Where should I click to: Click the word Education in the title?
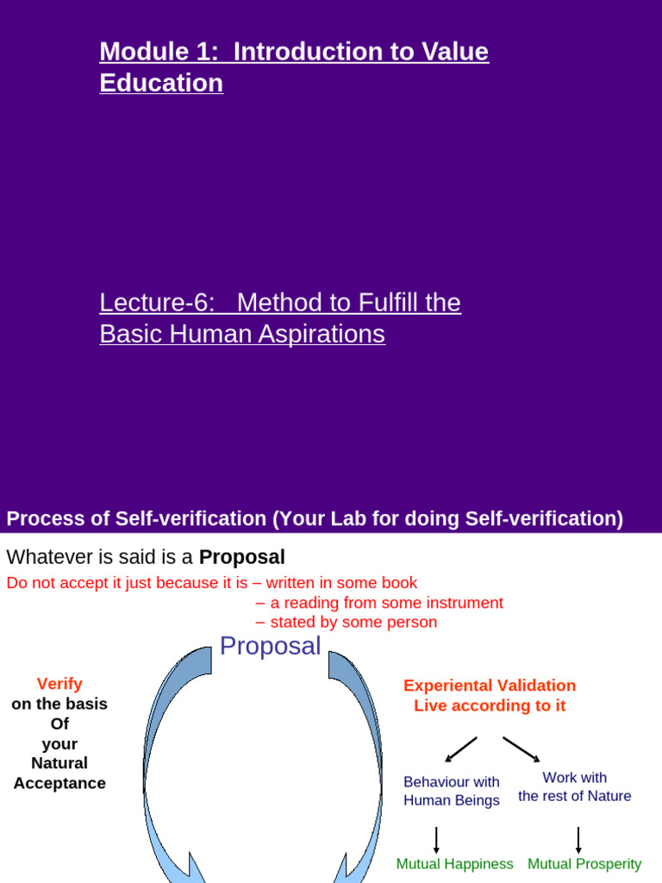pos(161,84)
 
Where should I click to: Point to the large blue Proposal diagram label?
pos(270,646)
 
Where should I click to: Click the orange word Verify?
pos(59,684)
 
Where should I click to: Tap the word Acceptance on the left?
pos(59,783)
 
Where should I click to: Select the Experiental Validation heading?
pos(490,686)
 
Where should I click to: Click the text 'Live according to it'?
pos(490,705)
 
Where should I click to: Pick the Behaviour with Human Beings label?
pos(452,791)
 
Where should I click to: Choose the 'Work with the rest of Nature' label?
pos(575,786)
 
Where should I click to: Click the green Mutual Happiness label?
pos(454,863)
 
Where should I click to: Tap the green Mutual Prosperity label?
pos(584,863)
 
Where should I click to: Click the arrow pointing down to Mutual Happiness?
pos(436,839)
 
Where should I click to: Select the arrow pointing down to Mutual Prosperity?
pos(578,839)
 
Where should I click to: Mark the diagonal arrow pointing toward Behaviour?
pos(460,749)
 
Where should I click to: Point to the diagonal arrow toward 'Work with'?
pos(521,749)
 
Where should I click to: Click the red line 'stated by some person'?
pos(353,622)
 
